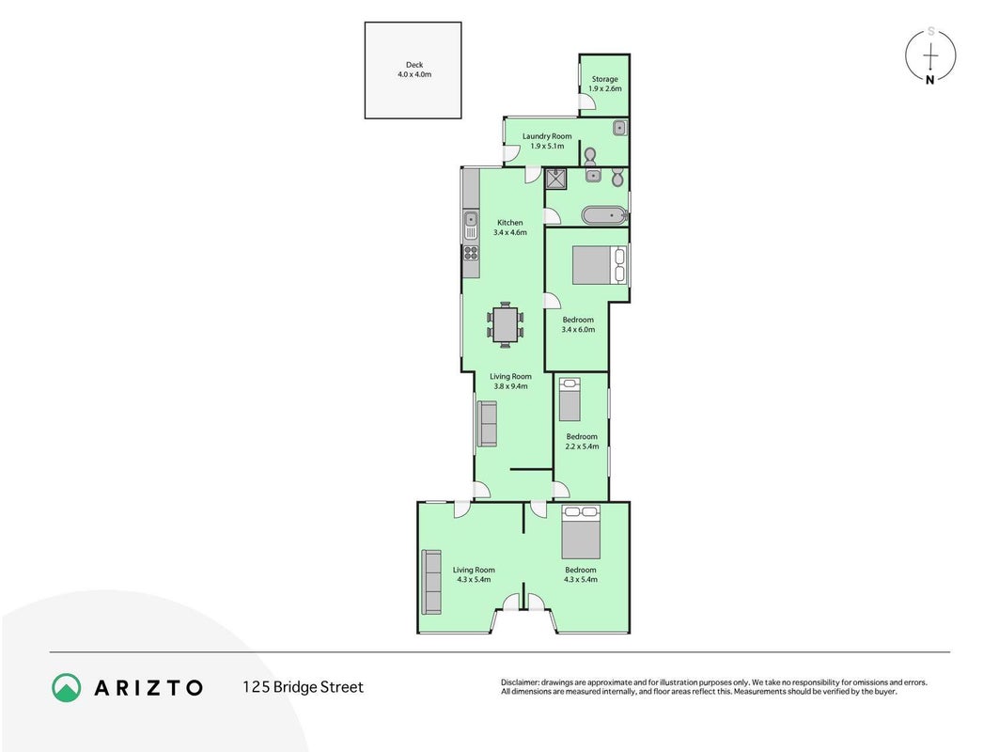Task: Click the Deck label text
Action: click(x=414, y=65)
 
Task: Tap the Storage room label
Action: click(x=604, y=79)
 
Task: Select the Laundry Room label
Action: click(x=547, y=135)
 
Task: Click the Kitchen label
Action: click(x=509, y=223)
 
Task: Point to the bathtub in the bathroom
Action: click(x=604, y=215)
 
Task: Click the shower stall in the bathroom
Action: click(x=556, y=180)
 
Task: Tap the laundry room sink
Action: click(x=620, y=128)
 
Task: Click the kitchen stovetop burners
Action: click(x=471, y=253)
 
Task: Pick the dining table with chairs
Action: click(x=506, y=324)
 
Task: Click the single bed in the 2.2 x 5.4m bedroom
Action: click(x=570, y=399)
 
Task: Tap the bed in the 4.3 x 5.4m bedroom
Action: click(x=581, y=532)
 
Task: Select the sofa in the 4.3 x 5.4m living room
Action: click(x=431, y=582)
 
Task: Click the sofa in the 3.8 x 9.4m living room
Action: click(x=488, y=424)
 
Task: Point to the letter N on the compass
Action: click(x=930, y=80)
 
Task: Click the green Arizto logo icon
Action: click(x=67, y=688)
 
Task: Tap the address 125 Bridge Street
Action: click(x=303, y=687)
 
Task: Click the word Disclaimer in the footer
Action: click(x=520, y=682)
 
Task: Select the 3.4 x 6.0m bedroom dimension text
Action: click(x=578, y=330)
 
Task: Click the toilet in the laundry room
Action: click(x=590, y=156)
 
